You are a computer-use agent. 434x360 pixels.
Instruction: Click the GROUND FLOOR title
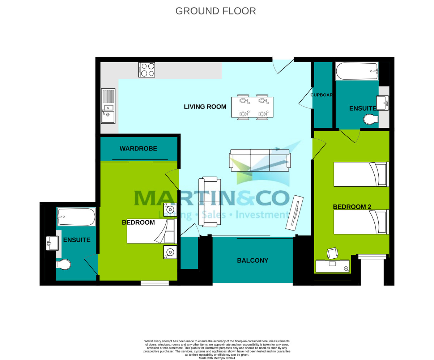pyautogui.click(x=216, y=11)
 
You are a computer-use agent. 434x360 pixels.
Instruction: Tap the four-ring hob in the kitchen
pyautogui.click(x=146, y=70)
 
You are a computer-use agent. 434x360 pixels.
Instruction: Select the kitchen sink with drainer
pyautogui.click(x=108, y=106)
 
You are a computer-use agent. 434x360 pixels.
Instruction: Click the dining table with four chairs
pyautogui.click(x=252, y=107)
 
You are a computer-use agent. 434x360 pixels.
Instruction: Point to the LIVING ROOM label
pyautogui.click(x=205, y=107)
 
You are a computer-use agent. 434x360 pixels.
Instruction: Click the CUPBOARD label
pyautogui.click(x=322, y=95)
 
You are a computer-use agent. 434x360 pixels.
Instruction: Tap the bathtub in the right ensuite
pyautogui.click(x=357, y=71)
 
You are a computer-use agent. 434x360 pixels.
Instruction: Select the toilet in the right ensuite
pyautogui.click(x=370, y=119)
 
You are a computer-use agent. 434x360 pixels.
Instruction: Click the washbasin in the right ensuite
pyautogui.click(x=382, y=103)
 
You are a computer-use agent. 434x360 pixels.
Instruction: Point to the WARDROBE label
pyautogui.click(x=138, y=148)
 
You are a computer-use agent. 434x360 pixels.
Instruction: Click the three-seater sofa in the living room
pyautogui.click(x=260, y=160)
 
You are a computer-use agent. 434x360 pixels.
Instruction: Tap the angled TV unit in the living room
pyautogui.click(x=294, y=213)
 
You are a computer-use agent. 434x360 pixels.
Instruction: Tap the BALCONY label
pyautogui.click(x=252, y=261)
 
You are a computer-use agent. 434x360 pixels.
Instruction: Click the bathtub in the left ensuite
pyautogui.click(x=76, y=217)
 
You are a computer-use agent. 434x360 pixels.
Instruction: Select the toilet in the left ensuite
pyautogui.click(x=64, y=264)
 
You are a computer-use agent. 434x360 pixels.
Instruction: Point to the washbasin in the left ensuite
pyautogui.click(x=52, y=243)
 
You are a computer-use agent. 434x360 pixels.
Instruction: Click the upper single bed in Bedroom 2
pyautogui.click(x=361, y=174)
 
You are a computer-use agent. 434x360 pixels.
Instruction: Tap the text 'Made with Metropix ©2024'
pyautogui.click(x=217, y=358)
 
